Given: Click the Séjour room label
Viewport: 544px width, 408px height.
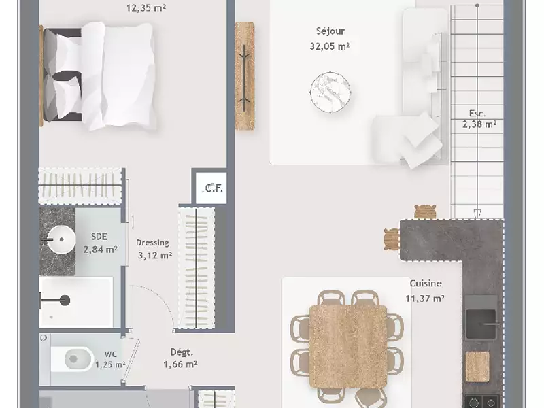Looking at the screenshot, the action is click(330, 31).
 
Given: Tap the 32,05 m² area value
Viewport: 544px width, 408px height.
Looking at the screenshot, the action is click(330, 46).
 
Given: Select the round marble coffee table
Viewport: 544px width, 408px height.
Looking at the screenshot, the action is click(330, 92).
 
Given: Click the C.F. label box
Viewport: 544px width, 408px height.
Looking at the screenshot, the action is click(211, 188).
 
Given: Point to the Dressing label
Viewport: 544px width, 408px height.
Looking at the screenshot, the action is click(152, 243).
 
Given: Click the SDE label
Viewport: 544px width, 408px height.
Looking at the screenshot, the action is click(99, 237).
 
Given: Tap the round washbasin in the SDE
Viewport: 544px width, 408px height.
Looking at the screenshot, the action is click(61, 239).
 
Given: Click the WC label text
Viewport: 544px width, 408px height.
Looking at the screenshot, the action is click(111, 354).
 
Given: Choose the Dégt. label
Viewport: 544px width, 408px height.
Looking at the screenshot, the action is click(182, 352).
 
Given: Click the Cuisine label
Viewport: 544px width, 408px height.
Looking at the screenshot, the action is click(426, 284).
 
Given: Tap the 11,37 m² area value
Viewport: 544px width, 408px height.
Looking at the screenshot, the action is click(425, 299).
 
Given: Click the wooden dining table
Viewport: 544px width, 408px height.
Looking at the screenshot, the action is click(348, 346).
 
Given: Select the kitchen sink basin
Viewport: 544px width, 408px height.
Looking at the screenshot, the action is click(481, 324).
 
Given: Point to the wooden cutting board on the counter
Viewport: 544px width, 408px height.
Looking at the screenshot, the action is click(477, 367).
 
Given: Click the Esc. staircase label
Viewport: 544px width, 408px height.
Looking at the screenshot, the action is click(477, 114).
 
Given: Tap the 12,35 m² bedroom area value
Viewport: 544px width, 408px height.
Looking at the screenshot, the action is click(146, 7).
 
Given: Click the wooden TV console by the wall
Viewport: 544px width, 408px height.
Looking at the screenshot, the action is click(245, 76).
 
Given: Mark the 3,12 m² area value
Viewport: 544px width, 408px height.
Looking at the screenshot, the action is click(155, 256).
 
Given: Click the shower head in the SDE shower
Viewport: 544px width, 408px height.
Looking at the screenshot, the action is click(65, 301).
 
